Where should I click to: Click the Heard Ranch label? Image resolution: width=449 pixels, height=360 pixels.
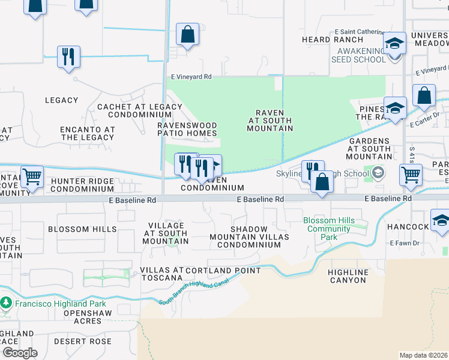[324, 40]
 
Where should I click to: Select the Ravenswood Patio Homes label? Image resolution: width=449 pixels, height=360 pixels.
[187, 129]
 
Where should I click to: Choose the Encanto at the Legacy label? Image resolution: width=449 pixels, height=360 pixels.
[87, 133]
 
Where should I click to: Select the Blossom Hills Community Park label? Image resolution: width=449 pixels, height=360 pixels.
[328, 229]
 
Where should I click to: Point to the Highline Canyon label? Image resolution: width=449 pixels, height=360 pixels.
[348, 276]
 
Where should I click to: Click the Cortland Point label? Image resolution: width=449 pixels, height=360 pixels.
[223, 271]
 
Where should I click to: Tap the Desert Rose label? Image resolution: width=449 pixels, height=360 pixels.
[83, 341]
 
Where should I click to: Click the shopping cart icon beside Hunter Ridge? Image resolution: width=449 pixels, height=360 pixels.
[32, 177]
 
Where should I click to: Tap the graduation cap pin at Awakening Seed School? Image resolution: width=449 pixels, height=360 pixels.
[395, 44]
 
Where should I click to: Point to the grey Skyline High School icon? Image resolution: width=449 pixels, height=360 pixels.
[378, 173]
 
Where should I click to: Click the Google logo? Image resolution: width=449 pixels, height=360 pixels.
[20, 353]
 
